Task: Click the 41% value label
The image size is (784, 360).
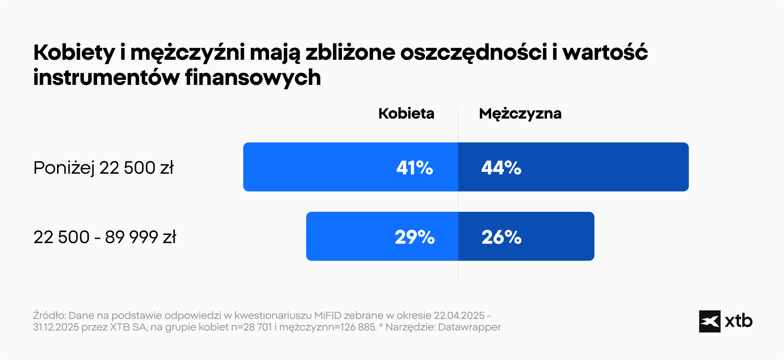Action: coord(414,168)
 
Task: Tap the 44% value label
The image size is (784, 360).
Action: coord(501,168)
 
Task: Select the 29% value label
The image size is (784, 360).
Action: coord(414,237)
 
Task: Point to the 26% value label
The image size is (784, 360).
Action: coord(501,237)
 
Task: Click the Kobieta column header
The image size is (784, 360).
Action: coord(406,113)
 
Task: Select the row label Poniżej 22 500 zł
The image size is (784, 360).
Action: coord(103,168)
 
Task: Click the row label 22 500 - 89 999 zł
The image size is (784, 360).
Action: coord(105,237)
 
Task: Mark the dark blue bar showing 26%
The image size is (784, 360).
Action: coord(557,236)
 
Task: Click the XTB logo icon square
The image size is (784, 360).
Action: coord(710,321)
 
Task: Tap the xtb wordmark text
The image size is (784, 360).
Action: coord(738,321)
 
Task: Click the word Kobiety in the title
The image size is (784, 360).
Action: coord(74,53)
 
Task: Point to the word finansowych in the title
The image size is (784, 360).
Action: coord(253,77)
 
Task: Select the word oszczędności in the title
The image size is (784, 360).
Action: coord(474,53)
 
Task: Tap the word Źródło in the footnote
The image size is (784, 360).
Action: coord(49,316)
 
